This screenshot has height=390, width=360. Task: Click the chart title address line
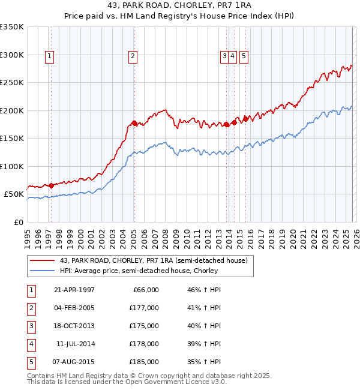179,5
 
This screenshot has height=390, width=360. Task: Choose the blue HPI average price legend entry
138,271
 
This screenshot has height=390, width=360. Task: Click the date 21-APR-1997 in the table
74,290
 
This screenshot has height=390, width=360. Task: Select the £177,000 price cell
144,308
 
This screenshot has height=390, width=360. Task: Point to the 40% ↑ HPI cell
204,326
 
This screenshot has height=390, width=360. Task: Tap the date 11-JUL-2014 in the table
74,344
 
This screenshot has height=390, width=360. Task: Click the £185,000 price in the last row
144,362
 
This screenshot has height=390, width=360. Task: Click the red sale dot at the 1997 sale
51,185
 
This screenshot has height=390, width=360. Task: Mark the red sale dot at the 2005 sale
134,124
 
